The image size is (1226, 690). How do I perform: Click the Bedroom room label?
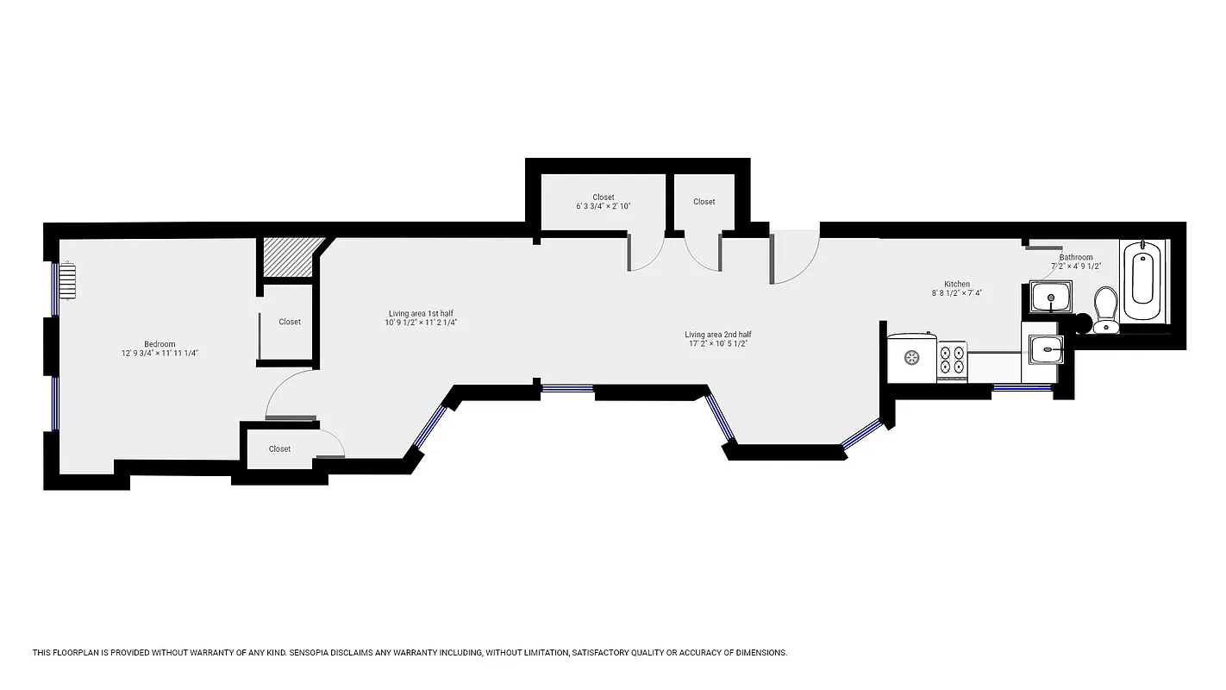click(x=160, y=344)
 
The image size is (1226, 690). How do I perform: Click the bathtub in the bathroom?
click(x=1142, y=273)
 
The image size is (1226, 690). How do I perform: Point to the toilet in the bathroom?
click(x=1105, y=309)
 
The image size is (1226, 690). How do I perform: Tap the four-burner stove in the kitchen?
click(x=952, y=358)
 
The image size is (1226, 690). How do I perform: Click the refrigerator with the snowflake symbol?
click(x=912, y=356)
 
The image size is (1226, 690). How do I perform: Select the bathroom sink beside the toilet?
click(x=1051, y=298)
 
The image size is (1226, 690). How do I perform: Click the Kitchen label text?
click(x=956, y=284)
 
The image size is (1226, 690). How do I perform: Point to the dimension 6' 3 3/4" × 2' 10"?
click(x=604, y=207)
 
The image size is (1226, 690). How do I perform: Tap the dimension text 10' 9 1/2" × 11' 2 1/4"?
click(x=421, y=323)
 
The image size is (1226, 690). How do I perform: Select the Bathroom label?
click(x=1076, y=257)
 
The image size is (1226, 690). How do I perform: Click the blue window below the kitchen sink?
click(x=1022, y=387)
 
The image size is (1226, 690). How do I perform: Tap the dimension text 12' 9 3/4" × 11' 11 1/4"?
click(x=160, y=354)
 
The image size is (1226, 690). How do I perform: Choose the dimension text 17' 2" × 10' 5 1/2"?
click(x=717, y=344)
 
